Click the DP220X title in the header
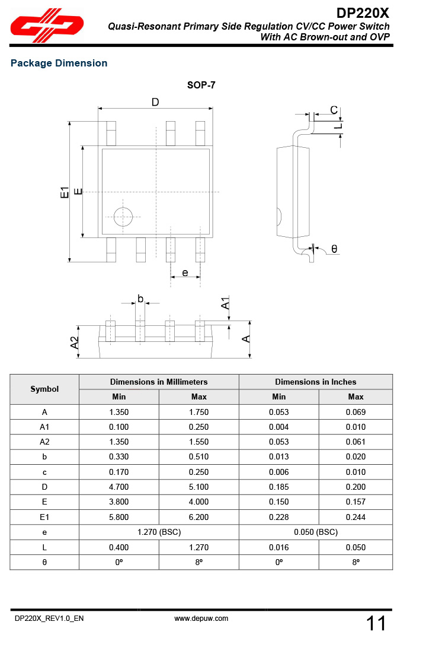(363, 13)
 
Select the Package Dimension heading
(59, 64)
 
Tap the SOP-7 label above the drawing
(201, 85)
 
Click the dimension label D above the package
(155, 102)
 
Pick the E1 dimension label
(65, 192)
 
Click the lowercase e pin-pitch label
(185, 272)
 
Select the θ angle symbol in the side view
(334, 249)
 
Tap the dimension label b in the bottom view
(140, 299)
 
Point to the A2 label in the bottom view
(75, 342)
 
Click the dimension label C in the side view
(334, 110)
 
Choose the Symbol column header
(44, 389)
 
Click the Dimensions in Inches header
(315, 382)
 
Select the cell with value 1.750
(198, 412)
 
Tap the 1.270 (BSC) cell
(159, 532)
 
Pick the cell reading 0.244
(355, 517)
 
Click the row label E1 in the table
(44, 517)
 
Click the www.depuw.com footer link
(201, 619)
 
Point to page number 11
(376, 623)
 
